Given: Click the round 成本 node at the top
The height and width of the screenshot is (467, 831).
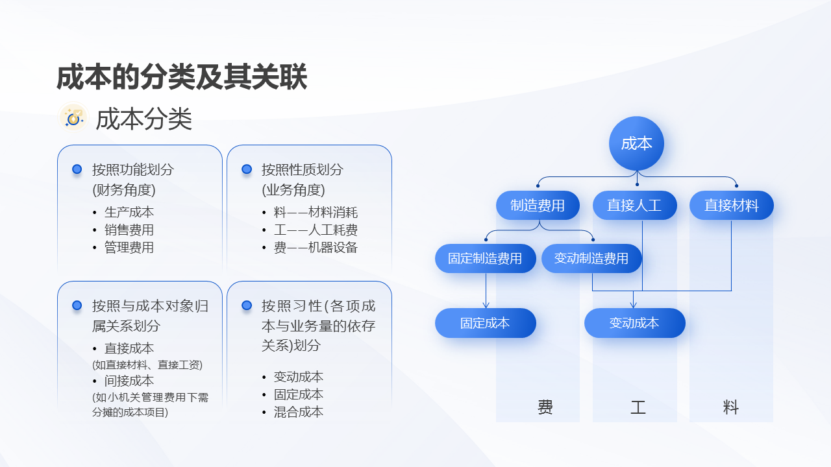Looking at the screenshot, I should click(636, 143).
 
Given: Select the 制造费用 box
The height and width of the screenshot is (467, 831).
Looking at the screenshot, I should click(538, 206).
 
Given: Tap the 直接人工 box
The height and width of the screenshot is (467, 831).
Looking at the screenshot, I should click(634, 206).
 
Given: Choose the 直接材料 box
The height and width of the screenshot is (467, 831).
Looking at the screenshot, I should click(731, 206).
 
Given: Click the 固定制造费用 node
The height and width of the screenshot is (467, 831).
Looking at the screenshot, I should click(485, 258).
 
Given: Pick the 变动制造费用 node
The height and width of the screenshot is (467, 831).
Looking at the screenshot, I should click(591, 258).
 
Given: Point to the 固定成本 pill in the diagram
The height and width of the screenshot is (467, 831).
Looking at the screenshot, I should click(485, 323).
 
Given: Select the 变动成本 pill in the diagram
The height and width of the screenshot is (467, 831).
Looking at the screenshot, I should click(634, 323).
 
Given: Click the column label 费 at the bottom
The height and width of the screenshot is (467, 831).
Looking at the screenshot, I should click(545, 407).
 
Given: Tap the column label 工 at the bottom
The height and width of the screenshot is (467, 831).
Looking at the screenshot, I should click(638, 407).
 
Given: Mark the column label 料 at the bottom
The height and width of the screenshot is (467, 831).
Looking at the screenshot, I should click(731, 407).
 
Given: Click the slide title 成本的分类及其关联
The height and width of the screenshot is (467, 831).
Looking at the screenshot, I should click(182, 77).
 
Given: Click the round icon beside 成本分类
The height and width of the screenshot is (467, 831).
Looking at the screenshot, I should click(73, 117).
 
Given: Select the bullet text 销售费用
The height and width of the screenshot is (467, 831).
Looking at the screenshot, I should click(129, 230).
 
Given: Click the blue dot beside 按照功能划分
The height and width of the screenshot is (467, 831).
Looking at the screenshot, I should click(77, 169).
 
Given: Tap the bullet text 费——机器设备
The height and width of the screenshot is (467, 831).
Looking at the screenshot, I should click(316, 247).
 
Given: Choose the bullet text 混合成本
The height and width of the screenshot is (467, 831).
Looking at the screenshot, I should click(299, 412).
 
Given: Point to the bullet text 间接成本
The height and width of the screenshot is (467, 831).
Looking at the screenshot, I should click(129, 381).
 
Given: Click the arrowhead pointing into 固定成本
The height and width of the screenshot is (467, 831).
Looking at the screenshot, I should click(486, 305).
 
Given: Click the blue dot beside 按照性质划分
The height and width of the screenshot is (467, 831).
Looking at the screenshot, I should click(247, 169).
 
